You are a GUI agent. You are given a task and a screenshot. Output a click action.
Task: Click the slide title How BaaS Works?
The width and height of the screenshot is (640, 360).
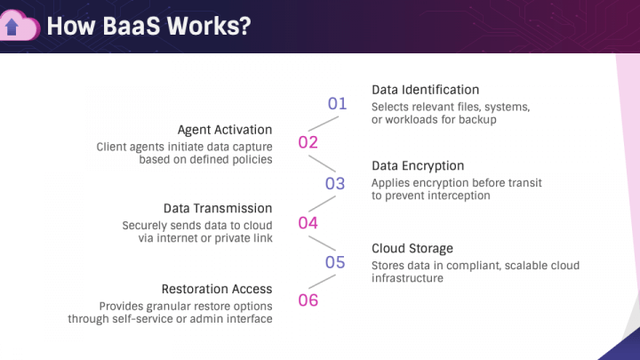(x=148, y=26)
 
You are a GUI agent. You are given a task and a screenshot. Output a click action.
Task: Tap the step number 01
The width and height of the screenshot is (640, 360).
(x=337, y=104)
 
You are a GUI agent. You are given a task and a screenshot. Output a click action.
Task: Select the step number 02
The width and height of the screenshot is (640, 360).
(x=308, y=142)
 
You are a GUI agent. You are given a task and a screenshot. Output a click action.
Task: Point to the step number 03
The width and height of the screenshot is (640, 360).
(x=335, y=184)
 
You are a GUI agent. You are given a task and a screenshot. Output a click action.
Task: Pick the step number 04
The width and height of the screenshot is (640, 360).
(x=308, y=222)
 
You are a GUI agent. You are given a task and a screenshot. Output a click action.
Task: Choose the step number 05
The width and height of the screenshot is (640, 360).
(x=335, y=262)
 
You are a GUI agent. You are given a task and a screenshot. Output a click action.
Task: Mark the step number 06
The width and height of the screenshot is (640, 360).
(x=308, y=300)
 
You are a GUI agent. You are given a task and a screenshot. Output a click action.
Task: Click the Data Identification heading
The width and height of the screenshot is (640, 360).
(x=425, y=90)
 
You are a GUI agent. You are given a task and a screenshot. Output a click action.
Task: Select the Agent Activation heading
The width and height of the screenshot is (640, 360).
(x=225, y=130)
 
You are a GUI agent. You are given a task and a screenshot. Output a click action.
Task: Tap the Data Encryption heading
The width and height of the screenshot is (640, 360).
(x=418, y=166)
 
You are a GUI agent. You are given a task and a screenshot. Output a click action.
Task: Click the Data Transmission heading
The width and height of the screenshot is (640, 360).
(x=218, y=208)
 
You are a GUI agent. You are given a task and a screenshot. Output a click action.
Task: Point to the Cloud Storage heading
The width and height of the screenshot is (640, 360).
(x=412, y=248)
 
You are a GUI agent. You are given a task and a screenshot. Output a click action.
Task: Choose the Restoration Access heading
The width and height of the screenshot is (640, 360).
(x=217, y=289)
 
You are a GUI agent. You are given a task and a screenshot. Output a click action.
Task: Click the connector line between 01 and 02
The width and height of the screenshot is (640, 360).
(x=322, y=123)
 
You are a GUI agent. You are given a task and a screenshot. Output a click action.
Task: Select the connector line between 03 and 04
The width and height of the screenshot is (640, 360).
(x=322, y=204)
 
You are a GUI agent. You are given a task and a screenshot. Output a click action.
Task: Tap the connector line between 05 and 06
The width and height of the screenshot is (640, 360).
(x=322, y=282)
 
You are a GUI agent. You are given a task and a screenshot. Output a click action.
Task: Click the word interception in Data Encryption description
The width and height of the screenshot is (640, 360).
(x=457, y=196)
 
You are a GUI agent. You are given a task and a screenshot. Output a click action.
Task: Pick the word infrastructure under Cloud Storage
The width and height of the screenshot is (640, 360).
(x=407, y=278)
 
